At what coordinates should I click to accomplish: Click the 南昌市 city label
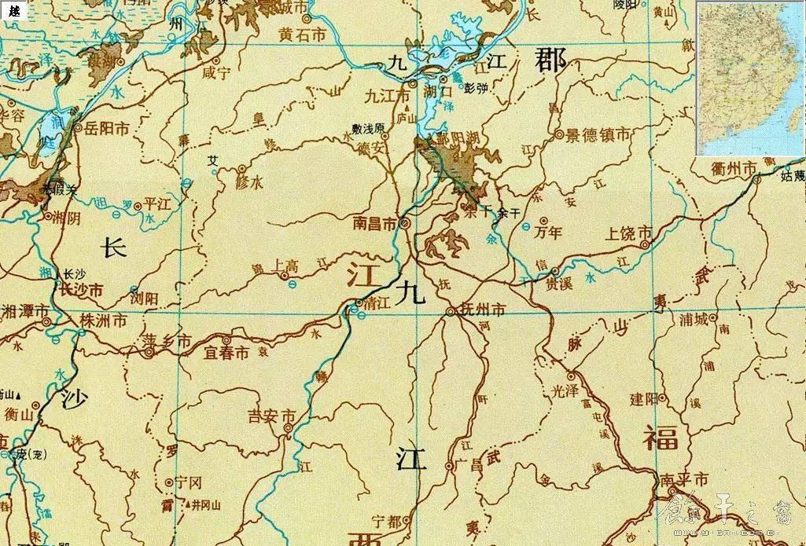coord(376,224)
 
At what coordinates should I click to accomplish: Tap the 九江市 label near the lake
coord(388,95)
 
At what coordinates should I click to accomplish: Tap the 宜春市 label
coord(226,354)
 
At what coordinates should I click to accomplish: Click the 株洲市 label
coord(104,321)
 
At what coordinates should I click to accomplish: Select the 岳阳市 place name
coord(106,127)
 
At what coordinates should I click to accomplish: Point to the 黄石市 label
coord(302,35)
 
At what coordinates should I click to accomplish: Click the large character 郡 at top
coord(550,60)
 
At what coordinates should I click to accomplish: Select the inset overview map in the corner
coord(750,79)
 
